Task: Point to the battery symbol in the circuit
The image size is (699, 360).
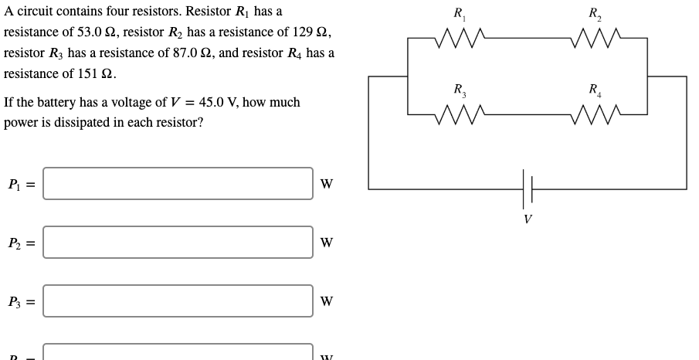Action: (527, 188)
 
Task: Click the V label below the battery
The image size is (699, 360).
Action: (527, 219)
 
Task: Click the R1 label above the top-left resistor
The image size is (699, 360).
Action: (459, 13)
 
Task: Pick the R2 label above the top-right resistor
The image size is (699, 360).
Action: (595, 13)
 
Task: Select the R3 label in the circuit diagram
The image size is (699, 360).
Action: (459, 90)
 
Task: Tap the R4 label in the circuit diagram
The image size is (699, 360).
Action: (595, 90)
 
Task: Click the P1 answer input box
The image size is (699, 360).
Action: (178, 184)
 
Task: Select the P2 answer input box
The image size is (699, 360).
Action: (178, 243)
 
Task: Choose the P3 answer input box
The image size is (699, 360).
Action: (178, 301)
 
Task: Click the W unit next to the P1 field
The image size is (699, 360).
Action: (327, 184)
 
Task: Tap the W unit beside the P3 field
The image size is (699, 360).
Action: (327, 301)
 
